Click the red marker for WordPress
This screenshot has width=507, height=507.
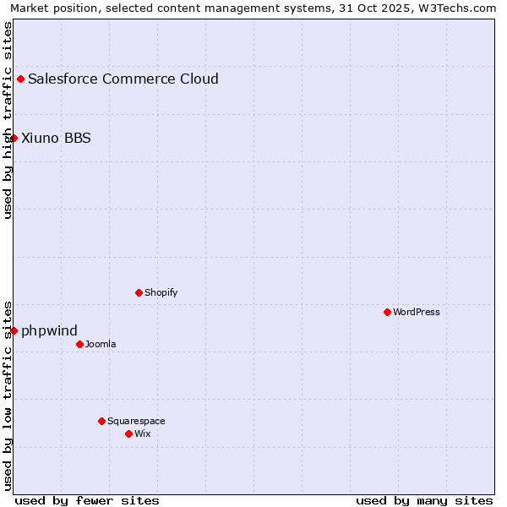pyautogui.click(x=387, y=312)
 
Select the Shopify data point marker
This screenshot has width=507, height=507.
pyautogui.click(x=139, y=292)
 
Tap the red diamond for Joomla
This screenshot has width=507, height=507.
pyautogui.click(x=79, y=344)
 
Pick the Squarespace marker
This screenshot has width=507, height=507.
pyautogui.click(x=101, y=421)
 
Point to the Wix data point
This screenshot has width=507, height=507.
pyautogui.click(x=128, y=433)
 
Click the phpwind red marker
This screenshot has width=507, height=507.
pyautogui.click(x=14, y=330)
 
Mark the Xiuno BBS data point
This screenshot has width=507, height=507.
pyautogui.click(x=14, y=138)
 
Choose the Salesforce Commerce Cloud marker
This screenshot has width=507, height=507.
pyautogui.click(x=20, y=79)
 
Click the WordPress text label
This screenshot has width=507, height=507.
pyautogui.click(x=416, y=312)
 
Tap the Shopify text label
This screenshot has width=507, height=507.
pyautogui.click(x=161, y=292)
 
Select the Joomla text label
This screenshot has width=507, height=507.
pyautogui.click(x=101, y=344)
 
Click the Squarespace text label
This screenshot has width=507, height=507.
pyautogui.click(x=136, y=421)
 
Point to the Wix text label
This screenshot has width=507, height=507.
pyautogui.click(x=142, y=433)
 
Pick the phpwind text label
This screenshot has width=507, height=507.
pyautogui.click(x=49, y=330)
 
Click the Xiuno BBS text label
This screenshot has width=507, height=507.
pyautogui.click(x=56, y=138)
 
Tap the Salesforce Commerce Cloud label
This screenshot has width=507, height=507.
pyautogui.click(x=123, y=79)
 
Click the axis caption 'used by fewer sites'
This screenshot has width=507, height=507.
pyautogui.click(x=87, y=500)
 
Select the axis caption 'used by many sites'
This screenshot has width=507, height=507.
pyautogui.click(x=424, y=500)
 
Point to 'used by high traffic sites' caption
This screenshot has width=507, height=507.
pyautogui.click(x=8, y=120)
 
